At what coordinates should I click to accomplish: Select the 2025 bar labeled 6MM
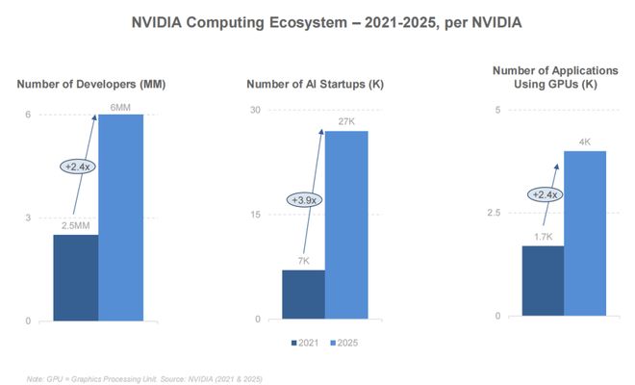coord(120,218)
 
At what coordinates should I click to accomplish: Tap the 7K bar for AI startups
coord(303,295)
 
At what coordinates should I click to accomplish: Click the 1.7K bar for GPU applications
coord(542,280)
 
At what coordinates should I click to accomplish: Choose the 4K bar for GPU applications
coord(585,233)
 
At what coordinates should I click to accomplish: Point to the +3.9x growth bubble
coord(305,200)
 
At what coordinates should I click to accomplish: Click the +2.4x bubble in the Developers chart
coord(77,167)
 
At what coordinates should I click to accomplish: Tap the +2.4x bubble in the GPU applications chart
coord(545,194)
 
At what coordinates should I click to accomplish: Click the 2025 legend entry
coord(343,342)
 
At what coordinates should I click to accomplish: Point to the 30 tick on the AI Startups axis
coord(257,110)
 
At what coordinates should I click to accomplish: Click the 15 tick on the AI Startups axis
coord(257,214)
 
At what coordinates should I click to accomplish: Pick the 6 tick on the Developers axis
coord(28,115)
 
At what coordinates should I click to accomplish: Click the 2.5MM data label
coord(76,225)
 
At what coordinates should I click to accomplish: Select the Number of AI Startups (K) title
coord(316,85)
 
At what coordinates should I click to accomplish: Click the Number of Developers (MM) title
coord(91,85)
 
